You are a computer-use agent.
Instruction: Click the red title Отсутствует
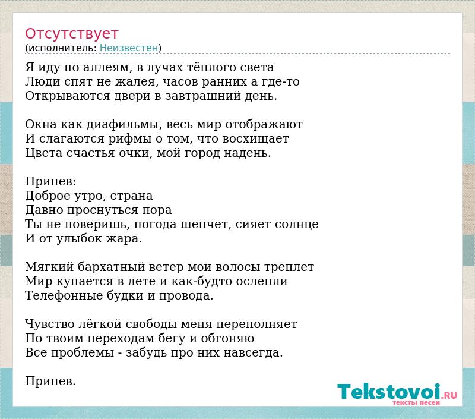pyautogui.click(x=71, y=34)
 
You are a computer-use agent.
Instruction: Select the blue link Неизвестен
pyautogui.click(x=129, y=48)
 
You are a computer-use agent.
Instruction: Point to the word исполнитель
pyautogui.click(x=62, y=48)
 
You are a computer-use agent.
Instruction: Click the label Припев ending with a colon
pyautogui.click(x=50, y=181)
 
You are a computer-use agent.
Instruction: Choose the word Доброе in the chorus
pyautogui.click(x=48, y=196)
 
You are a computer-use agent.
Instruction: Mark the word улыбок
pyautogui.click(x=79, y=238)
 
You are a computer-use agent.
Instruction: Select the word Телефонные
pyautogui.click(x=64, y=295)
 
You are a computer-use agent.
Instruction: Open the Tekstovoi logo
pyautogui.click(x=397, y=392)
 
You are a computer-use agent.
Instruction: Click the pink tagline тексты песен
pyautogui.click(x=416, y=402)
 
